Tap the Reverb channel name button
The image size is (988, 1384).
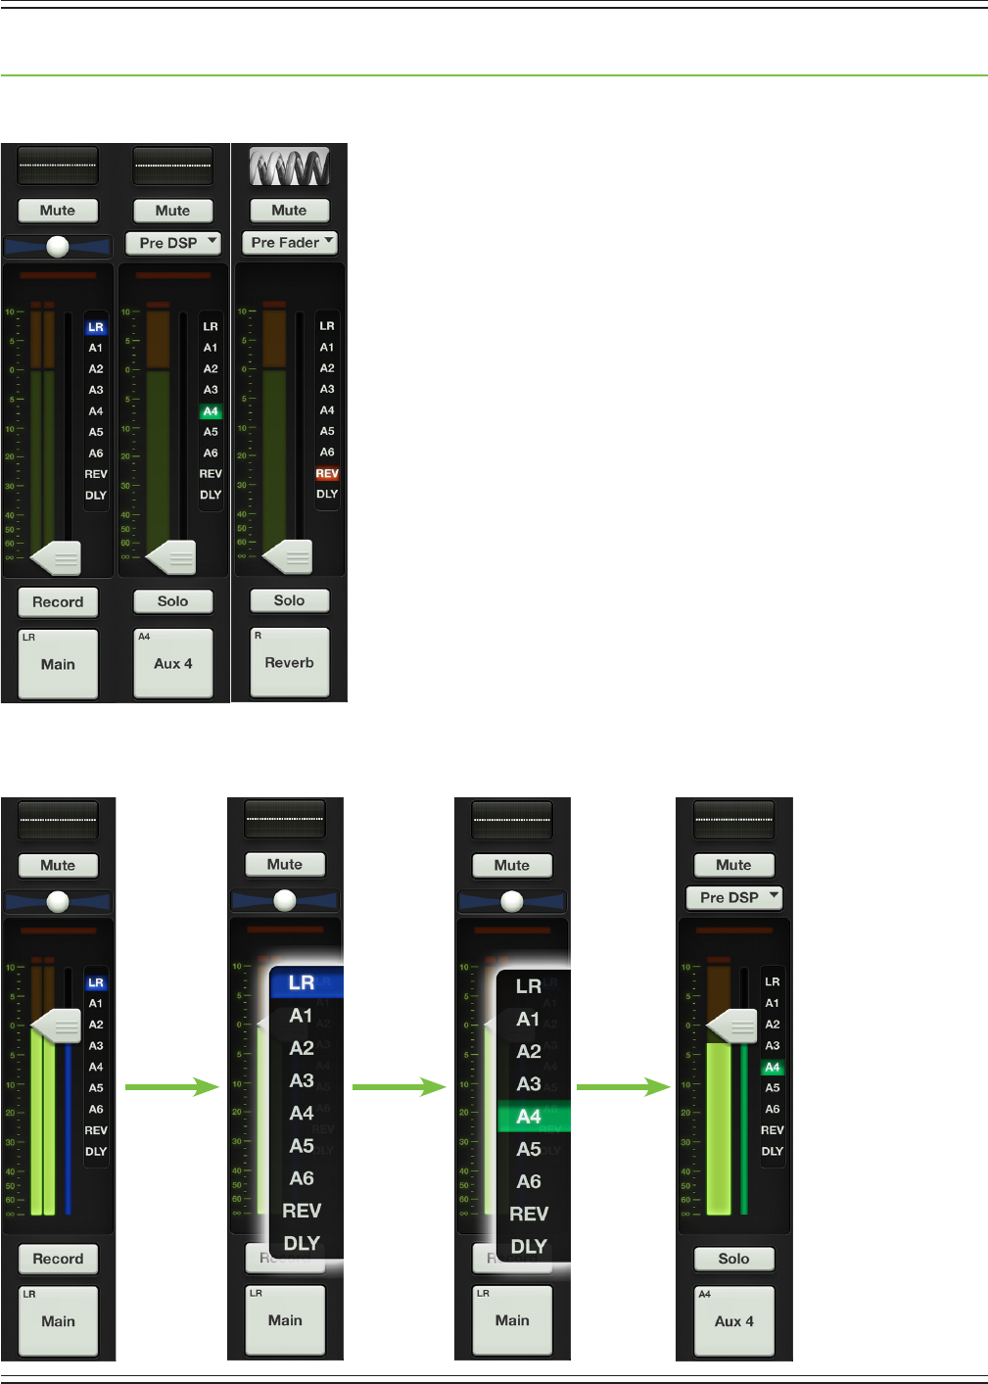point(289,662)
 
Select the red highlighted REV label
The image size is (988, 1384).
point(327,473)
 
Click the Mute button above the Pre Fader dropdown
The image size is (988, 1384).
point(289,210)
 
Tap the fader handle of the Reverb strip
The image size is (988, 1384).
point(288,557)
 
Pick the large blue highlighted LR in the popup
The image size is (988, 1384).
point(302,982)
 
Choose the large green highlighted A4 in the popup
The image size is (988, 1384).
point(529,1117)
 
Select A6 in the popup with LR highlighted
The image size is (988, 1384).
point(302,1178)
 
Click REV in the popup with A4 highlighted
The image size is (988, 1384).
point(529,1215)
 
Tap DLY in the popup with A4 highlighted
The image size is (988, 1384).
point(529,1247)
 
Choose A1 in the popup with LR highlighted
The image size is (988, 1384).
point(302,1016)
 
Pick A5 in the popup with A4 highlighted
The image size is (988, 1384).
point(529,1149)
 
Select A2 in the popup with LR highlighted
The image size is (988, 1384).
point(302,1048)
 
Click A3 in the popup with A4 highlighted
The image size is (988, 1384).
point(529,1084)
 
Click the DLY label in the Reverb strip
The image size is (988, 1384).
point(327,494)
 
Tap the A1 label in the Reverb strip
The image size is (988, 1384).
point(327,347)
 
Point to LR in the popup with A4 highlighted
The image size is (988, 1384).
point(529,986)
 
